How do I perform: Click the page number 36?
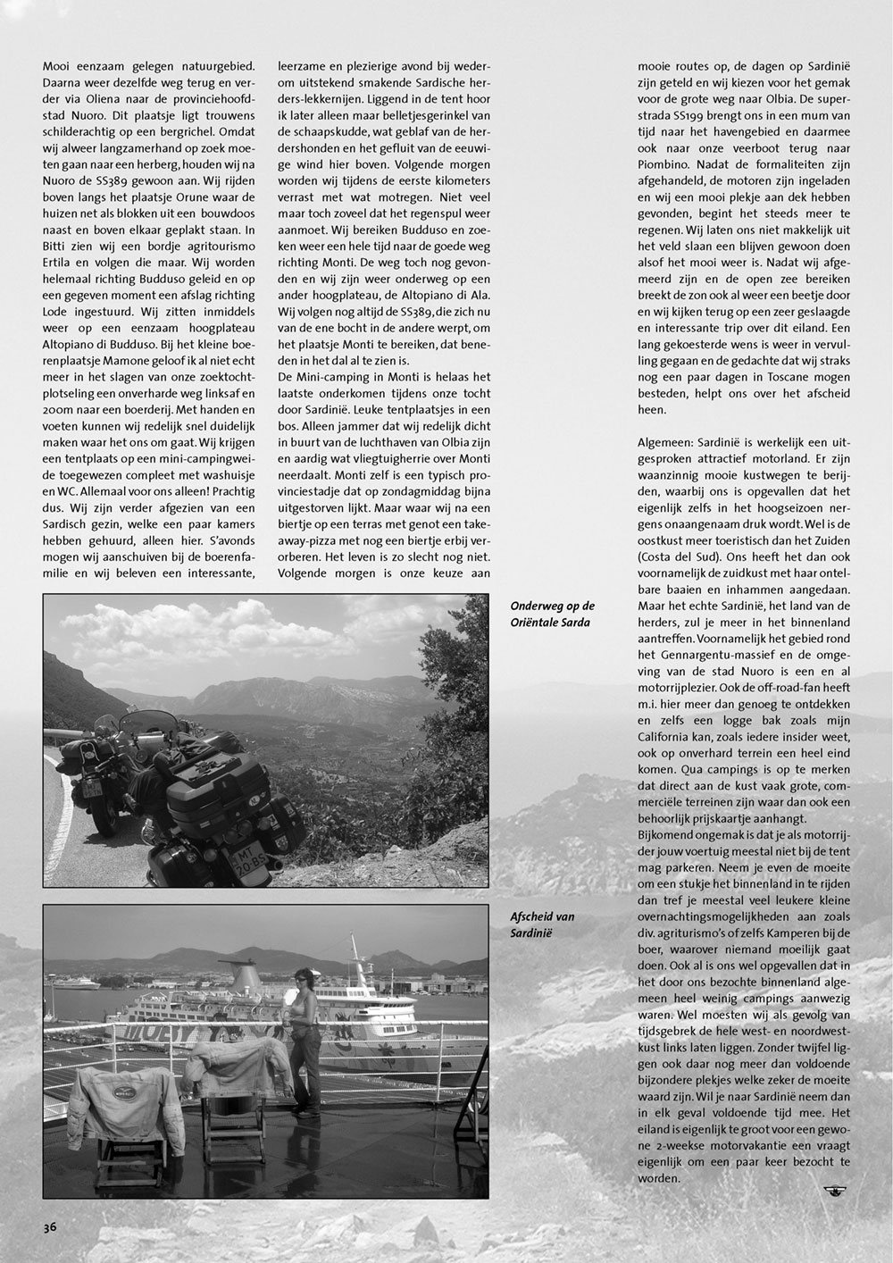[50, 1227]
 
